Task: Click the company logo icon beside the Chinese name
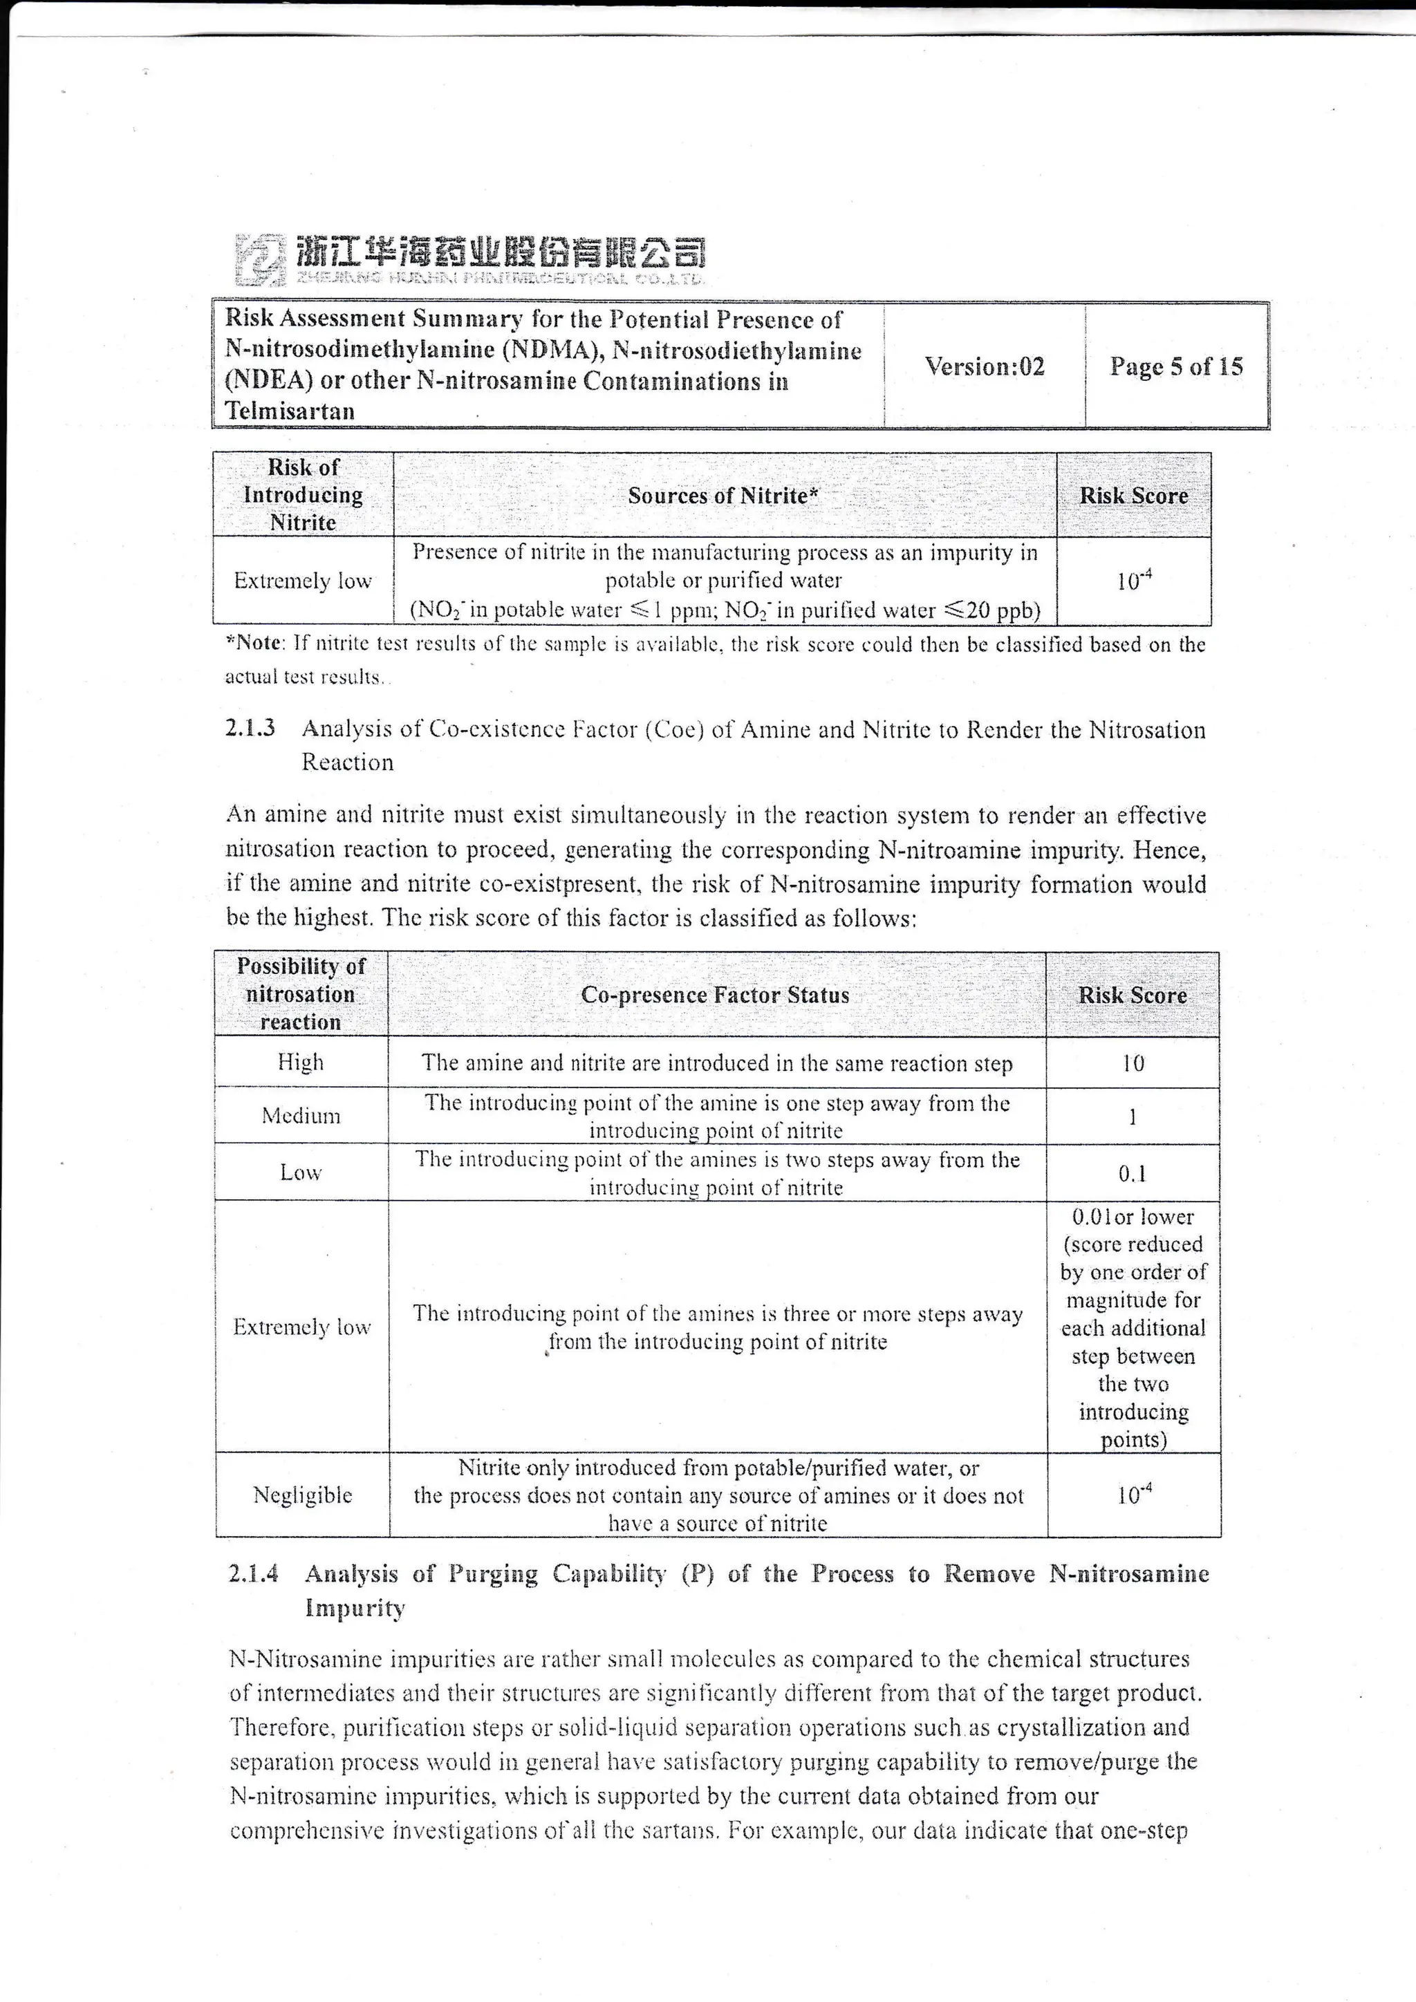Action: (x=261, y=259)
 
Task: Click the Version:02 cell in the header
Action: (x=985, y=366)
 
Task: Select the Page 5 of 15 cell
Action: (x=1175, y=366)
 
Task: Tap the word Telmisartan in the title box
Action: (x=290, y=411)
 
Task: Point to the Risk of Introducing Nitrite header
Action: (x=303, y=494)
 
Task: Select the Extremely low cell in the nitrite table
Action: (x=303, y=581)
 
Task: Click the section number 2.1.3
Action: (x=250, y=729)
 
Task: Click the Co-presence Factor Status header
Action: (x=715, y=995)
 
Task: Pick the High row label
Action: (x=301, y=1062)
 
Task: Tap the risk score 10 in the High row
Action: (x=1133, y=1063)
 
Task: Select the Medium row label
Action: (x=301, y=1116)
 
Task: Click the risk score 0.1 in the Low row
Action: (x=1133, y=1174)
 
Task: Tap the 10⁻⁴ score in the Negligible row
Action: (x=1133, y=1495)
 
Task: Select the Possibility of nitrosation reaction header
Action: (x=301, y=994)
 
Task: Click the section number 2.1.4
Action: (x=254, y=1574)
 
